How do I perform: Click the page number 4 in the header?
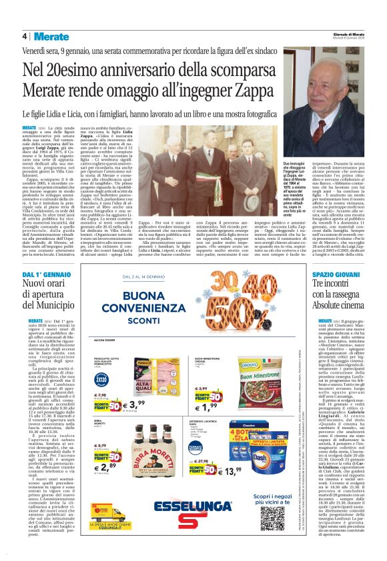pyautogui.click(x=25, y=36)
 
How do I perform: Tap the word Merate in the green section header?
pyautogui.click(x=51, y=36)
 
